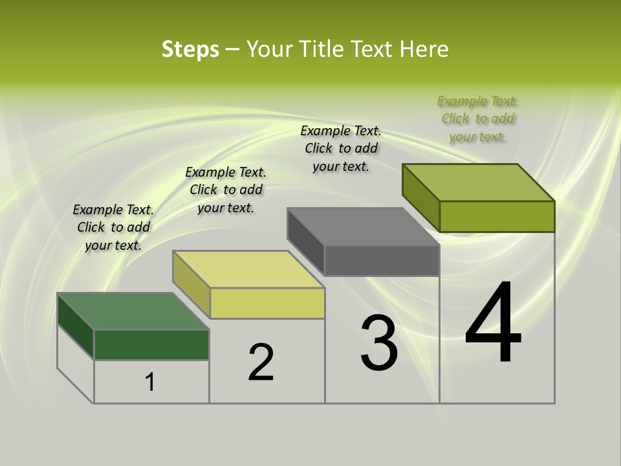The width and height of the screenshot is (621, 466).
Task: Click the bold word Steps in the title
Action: tap(190, 49)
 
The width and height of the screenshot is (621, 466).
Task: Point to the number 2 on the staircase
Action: tap(261, 362)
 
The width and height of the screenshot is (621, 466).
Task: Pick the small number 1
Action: tap(150, 382)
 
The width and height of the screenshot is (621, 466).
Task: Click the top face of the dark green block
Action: tap(133, 311)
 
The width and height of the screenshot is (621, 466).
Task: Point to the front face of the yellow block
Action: tap(267, 304)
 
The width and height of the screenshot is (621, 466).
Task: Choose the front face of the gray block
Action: tap(382, 261)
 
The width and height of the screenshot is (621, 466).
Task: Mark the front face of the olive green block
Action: tap(497, 216)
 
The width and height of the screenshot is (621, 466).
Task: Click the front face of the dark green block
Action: tap(151, 344)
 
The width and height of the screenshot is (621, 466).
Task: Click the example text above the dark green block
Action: tap(113, 228)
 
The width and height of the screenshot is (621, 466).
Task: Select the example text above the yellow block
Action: tap(226, 190)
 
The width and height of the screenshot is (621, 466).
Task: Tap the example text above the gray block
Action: tap(341, 148)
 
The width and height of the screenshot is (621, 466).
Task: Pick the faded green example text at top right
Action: tap(478, 118)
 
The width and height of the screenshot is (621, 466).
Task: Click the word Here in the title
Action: tap(424, 49)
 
